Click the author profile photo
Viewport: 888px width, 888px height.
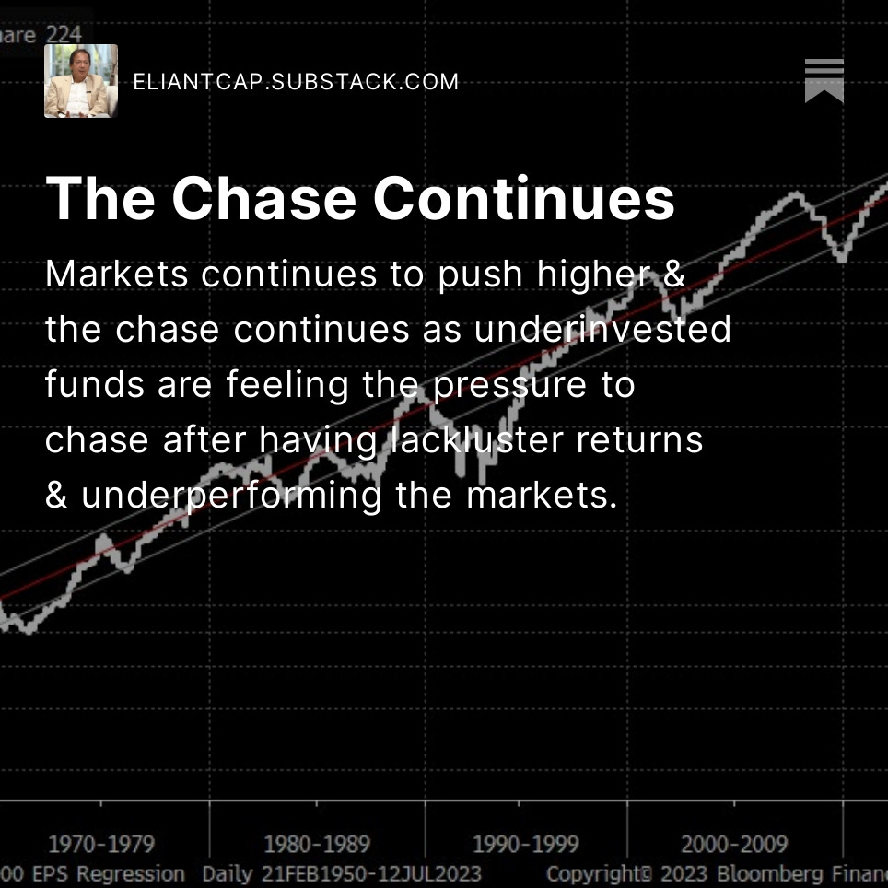[81, 81]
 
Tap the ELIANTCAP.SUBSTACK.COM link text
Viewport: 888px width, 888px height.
[296, 82]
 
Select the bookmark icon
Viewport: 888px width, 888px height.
[824, 81]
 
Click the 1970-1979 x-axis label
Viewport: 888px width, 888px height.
[101, 844]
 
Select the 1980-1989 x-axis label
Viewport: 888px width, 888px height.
[316, 844]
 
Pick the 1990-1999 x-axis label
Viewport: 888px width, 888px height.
[526, 844]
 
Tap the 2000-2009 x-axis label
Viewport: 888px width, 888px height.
[735, 844]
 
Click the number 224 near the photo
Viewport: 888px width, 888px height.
[64, 35]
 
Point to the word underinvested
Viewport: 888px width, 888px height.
[602, 329]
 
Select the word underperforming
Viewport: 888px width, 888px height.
[231, 496]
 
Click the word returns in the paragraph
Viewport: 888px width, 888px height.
[639, 440]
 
